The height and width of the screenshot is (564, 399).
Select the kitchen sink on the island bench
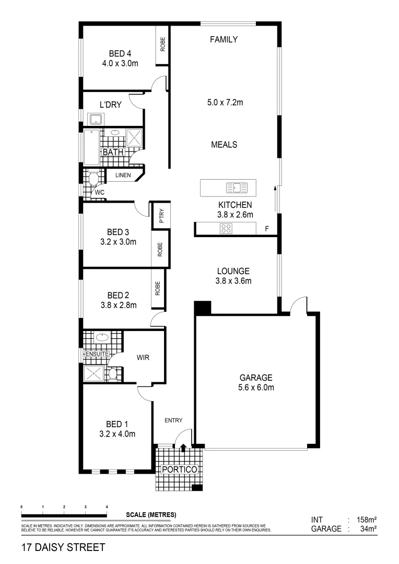coord(236,187)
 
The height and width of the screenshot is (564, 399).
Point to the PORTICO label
coord(179,469)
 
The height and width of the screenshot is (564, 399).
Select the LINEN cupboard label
coord(123,176)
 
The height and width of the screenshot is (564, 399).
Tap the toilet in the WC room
coord(94,180)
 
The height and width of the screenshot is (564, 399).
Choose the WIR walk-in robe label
coord(144,358)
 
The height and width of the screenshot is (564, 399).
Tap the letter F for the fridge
coord(266,229)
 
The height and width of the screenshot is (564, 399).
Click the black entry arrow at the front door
coord(183,445)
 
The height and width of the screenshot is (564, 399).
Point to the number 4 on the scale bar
coord(107,507)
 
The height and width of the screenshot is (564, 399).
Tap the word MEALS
coord(224,145)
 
